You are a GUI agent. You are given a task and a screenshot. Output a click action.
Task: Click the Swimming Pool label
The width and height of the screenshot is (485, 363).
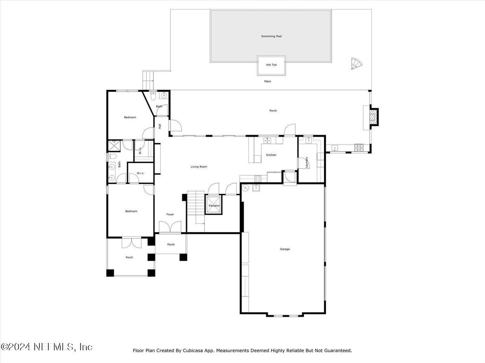point(271,36)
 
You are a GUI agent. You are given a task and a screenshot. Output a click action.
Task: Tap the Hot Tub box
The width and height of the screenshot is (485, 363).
point(271,65)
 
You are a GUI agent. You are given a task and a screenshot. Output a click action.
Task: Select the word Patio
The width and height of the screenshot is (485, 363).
point(268,81)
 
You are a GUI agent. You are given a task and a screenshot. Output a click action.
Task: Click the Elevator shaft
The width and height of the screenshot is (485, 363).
point(214,205)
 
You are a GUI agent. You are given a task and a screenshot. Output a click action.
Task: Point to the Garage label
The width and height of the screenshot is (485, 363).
point(285,249)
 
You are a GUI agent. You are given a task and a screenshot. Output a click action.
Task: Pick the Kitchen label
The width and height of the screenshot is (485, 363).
point(271,155)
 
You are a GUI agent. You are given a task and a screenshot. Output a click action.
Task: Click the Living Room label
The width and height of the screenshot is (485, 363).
point(199,167)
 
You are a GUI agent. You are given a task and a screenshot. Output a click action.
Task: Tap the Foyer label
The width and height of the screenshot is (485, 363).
point(170,214)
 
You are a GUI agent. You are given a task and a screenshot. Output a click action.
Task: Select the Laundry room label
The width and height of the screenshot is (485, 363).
point(307,163)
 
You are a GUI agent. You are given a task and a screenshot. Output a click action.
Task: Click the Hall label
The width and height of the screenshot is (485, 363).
point(160,126)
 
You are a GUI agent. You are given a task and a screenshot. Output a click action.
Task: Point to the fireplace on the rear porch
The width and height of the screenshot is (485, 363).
point(374,116)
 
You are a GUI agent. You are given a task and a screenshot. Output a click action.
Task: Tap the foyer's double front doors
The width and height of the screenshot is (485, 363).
point(170,227)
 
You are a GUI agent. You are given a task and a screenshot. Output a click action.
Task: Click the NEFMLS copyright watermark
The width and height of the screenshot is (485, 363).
point(46,347)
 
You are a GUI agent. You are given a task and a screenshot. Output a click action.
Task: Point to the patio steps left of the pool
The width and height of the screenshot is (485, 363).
point(148,80)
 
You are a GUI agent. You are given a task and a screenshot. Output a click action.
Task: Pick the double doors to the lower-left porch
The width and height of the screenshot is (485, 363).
point(132,243)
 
